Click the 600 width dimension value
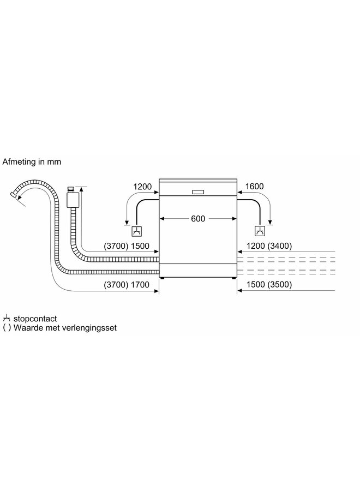click(198, 219)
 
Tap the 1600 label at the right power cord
click(255, 187)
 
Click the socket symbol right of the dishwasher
click(260, 230)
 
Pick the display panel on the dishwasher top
click(198, 191)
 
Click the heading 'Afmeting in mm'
click(32, 162)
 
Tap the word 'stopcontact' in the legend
click(38, 318)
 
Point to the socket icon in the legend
click(7, 318)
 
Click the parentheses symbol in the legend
click(7, 328)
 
